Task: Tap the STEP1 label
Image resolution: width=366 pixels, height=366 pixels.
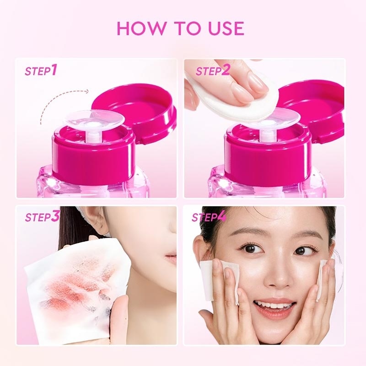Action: (x=41, y=71)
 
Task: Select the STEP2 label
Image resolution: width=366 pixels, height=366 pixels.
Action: (x=213, y=71)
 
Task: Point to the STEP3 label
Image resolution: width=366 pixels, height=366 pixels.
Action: (x=42, y=216)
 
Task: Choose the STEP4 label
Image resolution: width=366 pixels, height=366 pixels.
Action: (x=209, y=216)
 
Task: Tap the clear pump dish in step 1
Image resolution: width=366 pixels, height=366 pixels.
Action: (x=94, y=119)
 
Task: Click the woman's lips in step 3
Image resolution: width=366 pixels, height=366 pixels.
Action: (x=171, y=259)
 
